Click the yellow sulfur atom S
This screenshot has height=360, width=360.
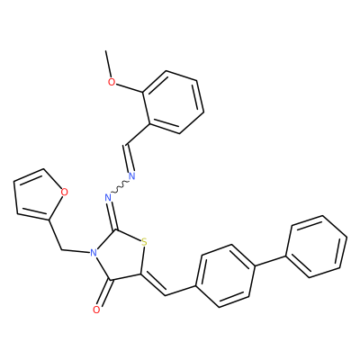(144, 242)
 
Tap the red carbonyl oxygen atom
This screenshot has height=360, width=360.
(96, 310)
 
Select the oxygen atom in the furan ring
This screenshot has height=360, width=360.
(64, 192)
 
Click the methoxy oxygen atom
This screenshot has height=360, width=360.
(112, 82)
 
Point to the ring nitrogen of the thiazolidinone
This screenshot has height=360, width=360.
(94, 253)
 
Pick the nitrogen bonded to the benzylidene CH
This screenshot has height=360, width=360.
(131, 176)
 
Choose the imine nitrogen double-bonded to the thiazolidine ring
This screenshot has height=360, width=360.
(108, 198)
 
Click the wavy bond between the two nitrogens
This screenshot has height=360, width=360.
(120, 187)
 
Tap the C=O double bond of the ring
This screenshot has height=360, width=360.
(105, 294)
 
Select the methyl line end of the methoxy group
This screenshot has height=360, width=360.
(105, 50)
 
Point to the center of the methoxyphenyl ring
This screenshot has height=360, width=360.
(174, 102)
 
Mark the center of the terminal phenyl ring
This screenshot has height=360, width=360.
(317, 247)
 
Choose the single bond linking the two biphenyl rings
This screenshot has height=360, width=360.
(270, 261)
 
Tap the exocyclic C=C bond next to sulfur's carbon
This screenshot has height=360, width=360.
(153, 284)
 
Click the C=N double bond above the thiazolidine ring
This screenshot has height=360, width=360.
(113, 214)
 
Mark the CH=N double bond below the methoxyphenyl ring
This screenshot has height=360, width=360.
(128, 158)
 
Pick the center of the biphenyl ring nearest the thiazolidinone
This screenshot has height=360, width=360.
(226, 276)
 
